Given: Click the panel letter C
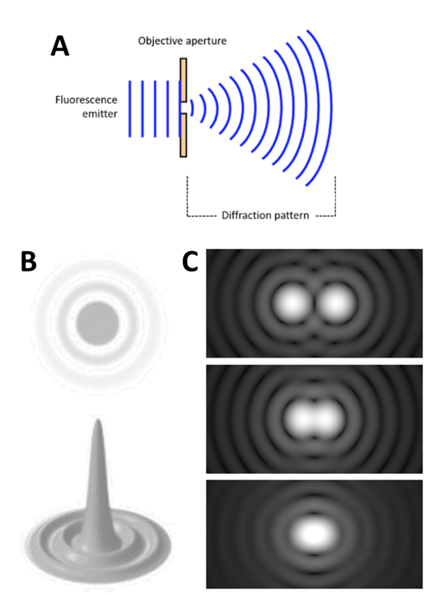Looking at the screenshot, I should click(192, 262).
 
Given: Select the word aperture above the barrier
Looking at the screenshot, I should click(206, 42).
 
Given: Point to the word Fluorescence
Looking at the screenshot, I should click(86, 100).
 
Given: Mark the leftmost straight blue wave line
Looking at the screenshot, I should click(130, 108).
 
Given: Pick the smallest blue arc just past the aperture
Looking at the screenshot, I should click(192, 108).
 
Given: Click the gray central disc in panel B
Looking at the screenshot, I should click(98, 322).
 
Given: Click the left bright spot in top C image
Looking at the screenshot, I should click(291, 303).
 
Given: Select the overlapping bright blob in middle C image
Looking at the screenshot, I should click(314, 418).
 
